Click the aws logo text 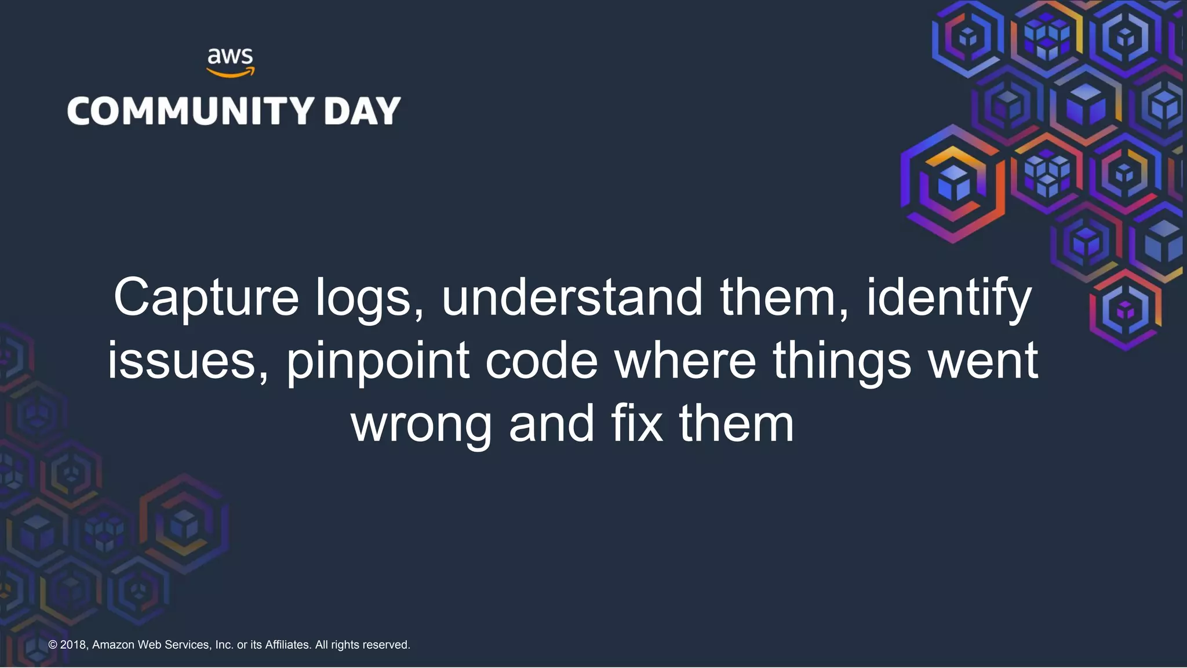[230, 57]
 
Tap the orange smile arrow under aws [230, 73]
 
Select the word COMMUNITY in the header [191, 111]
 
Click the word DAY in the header [362, 111]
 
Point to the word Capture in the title [206, 297]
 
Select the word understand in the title [572, 297]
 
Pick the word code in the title [541, 361]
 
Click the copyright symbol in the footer [53, 645]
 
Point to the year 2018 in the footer [74, 645]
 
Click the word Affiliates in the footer [287, 645]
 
